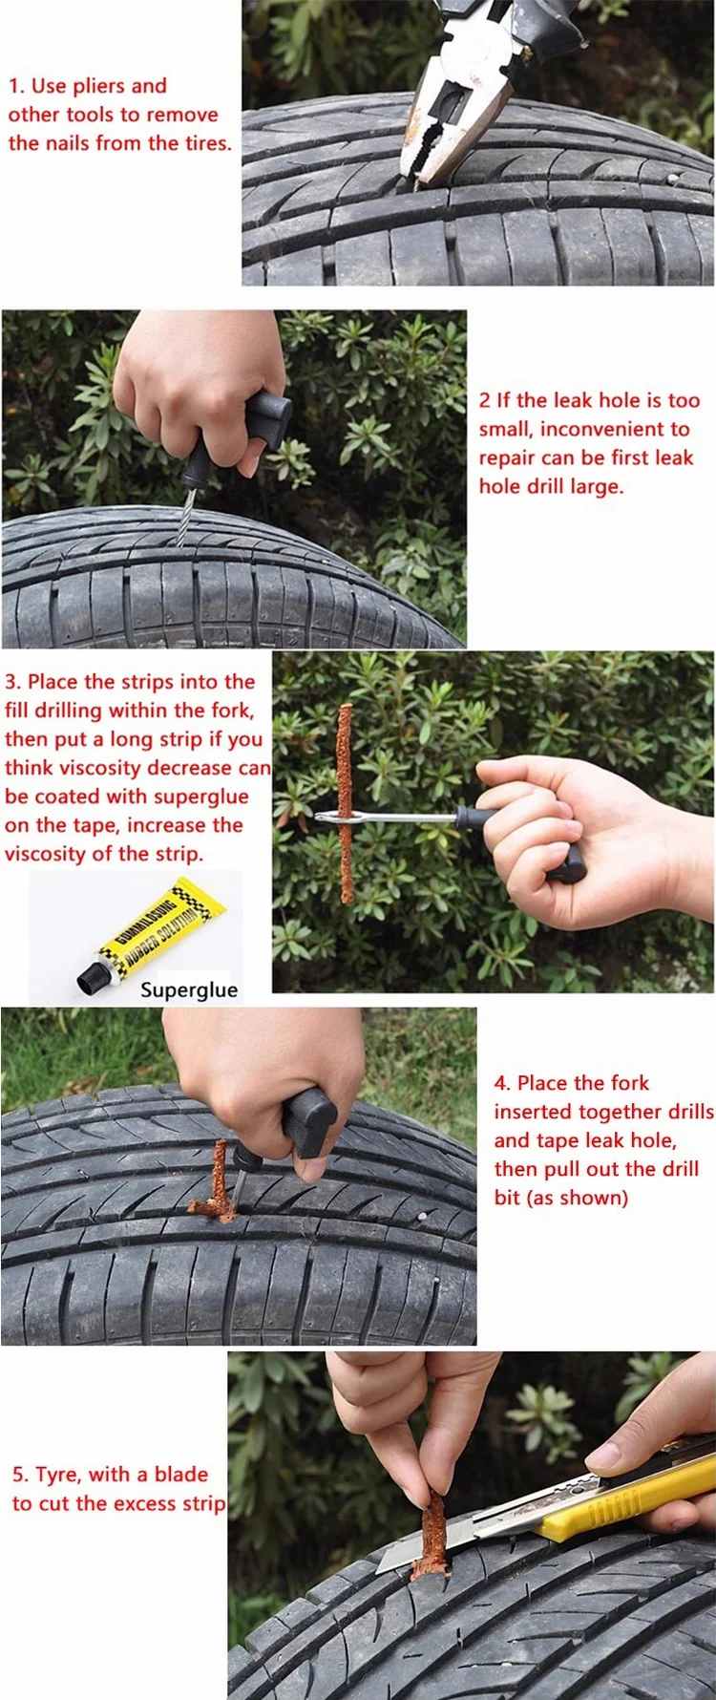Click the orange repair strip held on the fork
pos(346,803)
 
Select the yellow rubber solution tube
pos(153,935)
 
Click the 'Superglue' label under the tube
pos(189,989)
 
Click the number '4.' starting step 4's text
pos(502,1083)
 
